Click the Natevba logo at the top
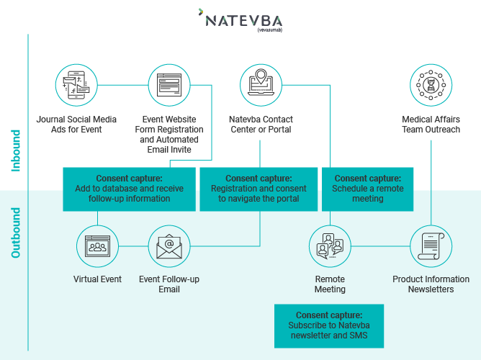click(240, 19)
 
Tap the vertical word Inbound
click(16, 150)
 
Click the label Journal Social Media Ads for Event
click(76, 125)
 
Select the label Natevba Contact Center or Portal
click(261, 125)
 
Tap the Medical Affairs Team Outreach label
click(431, 125)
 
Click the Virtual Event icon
click(97, 247)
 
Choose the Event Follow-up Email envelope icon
click(169, 247)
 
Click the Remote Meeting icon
click(330, 246)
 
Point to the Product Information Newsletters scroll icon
click(431, 246)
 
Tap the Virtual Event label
click(97, 279)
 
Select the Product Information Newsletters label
click(431, 284)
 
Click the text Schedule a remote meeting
click(368, 194)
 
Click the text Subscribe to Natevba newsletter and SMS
click(329, 330)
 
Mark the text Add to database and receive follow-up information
click(129, 194)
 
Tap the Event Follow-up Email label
click(169, 284)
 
